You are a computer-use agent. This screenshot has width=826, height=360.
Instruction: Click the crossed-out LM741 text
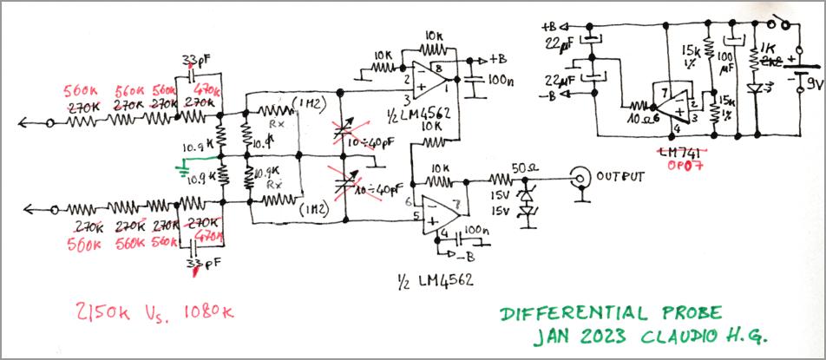tap(680, 153)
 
